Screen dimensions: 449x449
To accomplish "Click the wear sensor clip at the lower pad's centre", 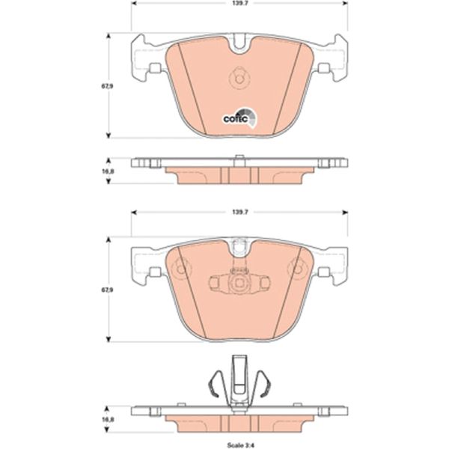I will (239, 283).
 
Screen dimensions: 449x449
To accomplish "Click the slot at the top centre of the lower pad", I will (239, 245).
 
